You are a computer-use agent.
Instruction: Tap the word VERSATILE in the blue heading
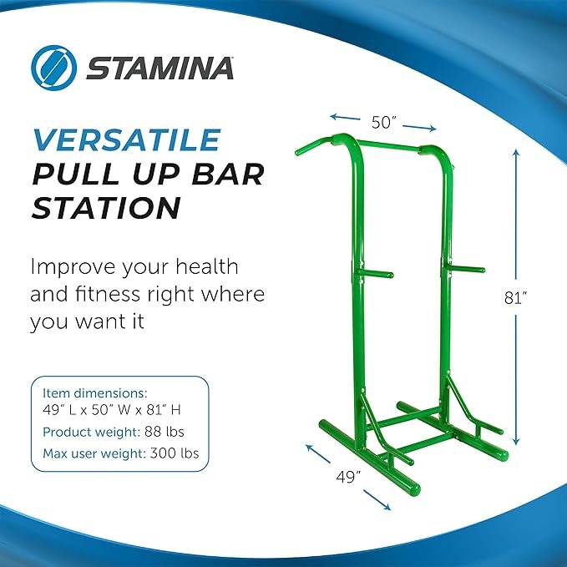point(125,139)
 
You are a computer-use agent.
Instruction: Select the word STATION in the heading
point(105,208)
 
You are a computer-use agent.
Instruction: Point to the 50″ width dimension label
point(383,123)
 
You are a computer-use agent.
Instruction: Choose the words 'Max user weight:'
point(94,454)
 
